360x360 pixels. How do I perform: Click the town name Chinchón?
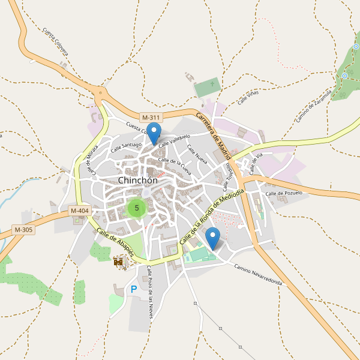point(138,180)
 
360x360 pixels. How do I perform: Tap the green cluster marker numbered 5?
point(137,208)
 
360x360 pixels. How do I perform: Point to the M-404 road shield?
point(79,211)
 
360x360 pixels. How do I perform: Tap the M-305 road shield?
point(23,229)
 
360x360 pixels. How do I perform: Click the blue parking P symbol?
point(133,290)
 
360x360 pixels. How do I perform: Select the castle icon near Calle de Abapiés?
point(119,262)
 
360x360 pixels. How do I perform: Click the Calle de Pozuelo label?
point(284,193)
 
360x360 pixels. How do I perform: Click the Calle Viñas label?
point(250,98)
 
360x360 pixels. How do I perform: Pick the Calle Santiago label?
point(126,146)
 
